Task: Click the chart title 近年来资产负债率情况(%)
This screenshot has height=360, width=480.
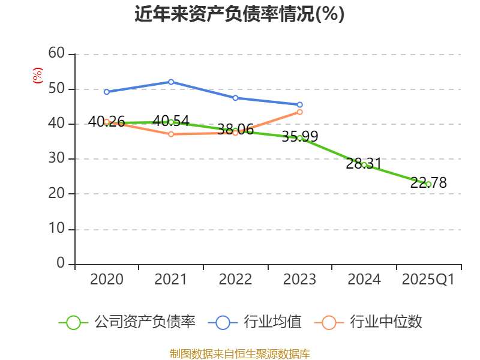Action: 239,14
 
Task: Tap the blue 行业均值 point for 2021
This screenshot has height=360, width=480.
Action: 171,82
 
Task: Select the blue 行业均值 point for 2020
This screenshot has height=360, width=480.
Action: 107,92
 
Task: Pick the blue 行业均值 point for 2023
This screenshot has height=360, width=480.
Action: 300,104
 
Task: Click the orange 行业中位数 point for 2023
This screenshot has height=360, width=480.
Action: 300,112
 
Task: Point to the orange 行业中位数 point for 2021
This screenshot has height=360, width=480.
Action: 171,134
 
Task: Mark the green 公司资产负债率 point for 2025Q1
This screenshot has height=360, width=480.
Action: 428,184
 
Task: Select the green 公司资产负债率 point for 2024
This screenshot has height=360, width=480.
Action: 364,164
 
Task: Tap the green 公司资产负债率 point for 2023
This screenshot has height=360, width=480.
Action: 300,138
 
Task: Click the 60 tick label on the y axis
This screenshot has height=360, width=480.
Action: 56,54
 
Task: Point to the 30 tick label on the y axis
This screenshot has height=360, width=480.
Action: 56,159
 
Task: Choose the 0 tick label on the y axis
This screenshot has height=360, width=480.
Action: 61,264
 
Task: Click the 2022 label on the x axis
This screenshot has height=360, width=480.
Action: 235,280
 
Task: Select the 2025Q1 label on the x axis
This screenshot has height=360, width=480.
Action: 428,280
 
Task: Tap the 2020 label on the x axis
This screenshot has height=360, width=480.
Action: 107,280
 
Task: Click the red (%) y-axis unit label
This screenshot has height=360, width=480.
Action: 38,76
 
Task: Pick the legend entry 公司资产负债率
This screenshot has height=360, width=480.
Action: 127,322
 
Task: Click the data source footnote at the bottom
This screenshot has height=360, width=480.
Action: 239,353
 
